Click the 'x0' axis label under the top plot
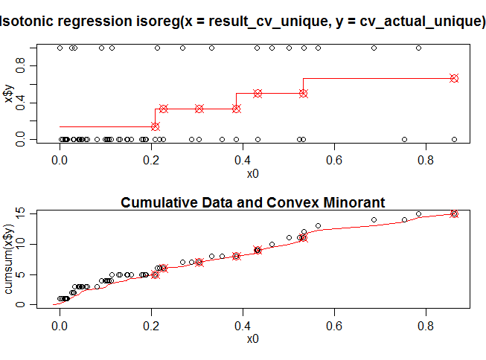tap(253, 174)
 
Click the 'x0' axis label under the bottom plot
tap(253, 339)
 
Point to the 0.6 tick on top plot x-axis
tap(334, 158)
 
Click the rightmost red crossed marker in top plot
tap(454, 78)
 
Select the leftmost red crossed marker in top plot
tap(155, 126)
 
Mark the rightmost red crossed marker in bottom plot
tap(454, 214)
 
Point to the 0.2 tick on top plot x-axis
tap(151, 158)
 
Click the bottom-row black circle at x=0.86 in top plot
tap(454, 139)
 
